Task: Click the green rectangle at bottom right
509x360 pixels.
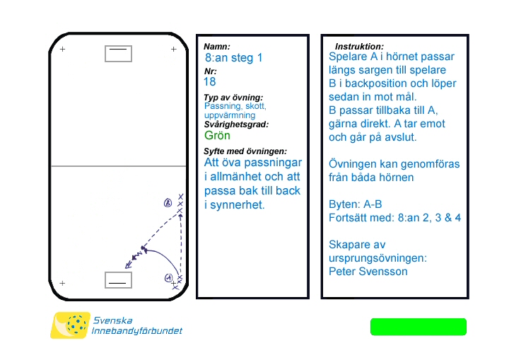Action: pos(419,327)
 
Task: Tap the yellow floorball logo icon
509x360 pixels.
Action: pos(70,325)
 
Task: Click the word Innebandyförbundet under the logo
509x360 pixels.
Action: pos(137,331)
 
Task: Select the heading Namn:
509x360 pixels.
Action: pos(217,47)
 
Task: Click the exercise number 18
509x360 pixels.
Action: pos(210,81)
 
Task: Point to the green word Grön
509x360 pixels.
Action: pos(217,135)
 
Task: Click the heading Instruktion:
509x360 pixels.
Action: pos(359,46)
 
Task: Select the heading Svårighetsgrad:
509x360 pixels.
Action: pos(236,124)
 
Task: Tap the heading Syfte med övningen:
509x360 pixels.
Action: pos(245,151)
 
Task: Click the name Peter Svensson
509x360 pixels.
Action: pos(368,271)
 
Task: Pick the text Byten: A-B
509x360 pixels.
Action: pos(356,204)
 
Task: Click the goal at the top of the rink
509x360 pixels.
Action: pos(118,53)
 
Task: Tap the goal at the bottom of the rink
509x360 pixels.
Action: pos(118,280)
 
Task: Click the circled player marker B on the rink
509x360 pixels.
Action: pos(168,203)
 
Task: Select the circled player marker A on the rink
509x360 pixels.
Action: pos(168,277)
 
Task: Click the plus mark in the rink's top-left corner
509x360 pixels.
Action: pos(62,49)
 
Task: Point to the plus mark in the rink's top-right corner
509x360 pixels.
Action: pos(174,49)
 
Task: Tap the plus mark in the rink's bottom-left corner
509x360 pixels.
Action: pos(62,283)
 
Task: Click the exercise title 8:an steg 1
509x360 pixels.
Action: pos(233,58)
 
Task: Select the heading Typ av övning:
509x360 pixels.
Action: pos(233,97)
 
